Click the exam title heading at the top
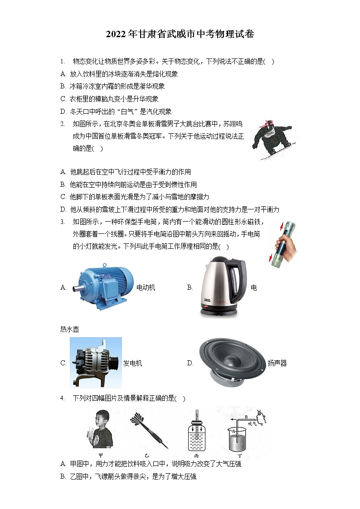point(180,35)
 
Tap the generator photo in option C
point(96,362)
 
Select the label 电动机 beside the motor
point(146,287)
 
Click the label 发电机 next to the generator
point(132,363)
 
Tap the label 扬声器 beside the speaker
point(277,363)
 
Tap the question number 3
point(62,222)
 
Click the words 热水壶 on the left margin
point(69,329)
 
